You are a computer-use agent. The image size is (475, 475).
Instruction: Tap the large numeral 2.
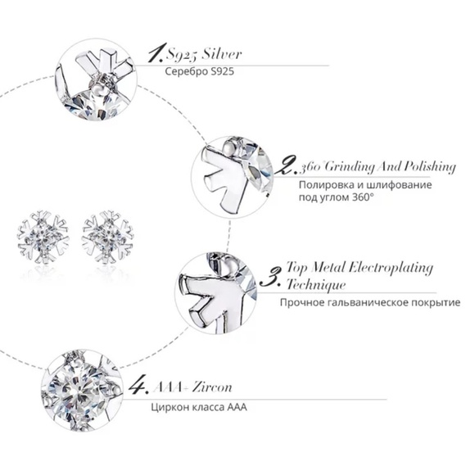click(286, 166)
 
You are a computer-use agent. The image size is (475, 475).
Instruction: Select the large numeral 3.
click(270, 274)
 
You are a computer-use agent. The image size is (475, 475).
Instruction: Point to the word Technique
click(315, 284)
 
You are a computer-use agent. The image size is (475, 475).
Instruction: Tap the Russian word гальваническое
click(360, 303)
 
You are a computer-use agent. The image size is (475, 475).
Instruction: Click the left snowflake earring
click(44, 233)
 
